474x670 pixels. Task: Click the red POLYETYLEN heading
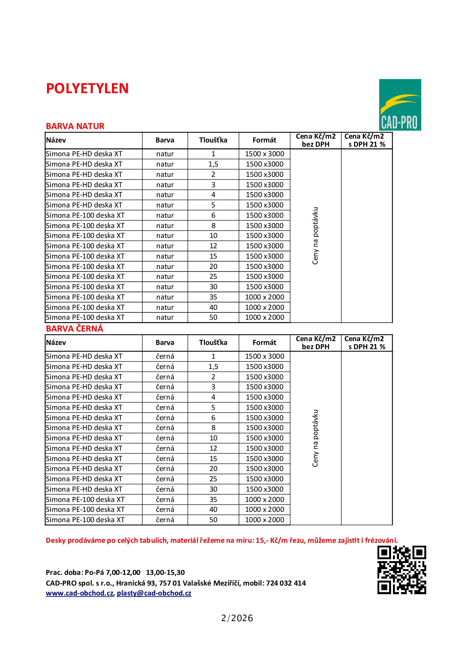[x=87, y=89]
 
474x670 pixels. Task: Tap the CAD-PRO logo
[x=400, y=105]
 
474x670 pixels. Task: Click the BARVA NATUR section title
[x=75, y=126]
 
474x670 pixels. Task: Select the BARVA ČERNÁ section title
[x=75, y=329]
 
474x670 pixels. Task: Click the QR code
[x=401, y=570]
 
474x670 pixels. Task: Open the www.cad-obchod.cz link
[x=80, y=593]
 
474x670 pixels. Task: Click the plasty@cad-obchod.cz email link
[x=154, y=593]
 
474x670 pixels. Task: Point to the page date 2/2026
[x=237, y=618]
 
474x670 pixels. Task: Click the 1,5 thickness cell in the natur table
[x=213, y=164]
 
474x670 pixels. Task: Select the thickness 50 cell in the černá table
[x=213, y=520]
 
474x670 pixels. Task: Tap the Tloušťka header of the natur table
[x=213, y=140]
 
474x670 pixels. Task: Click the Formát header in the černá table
[x=264, y=343]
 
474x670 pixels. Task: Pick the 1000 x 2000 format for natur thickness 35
[x=265, y=297]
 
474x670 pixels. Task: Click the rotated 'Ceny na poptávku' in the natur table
[x=315, y=236]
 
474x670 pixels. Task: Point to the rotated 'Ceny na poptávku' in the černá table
[x=315, y=438]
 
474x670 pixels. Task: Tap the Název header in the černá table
[x=56, y=343]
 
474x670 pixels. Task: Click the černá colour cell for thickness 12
[x=165, y=448]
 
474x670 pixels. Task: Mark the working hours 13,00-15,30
[x=165, y=573]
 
